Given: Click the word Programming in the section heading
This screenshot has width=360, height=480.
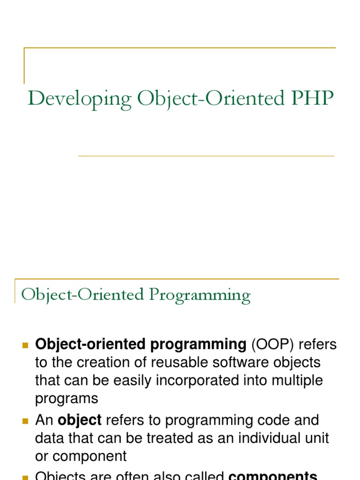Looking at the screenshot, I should click(x=200, y=295).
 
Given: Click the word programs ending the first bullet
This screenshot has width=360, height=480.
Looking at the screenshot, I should click(x=67, y=398).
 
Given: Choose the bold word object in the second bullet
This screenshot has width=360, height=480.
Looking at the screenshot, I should click(x=80, y=420).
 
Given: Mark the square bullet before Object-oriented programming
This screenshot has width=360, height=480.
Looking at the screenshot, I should click(x=26, y=345).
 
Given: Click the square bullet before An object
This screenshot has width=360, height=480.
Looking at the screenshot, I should click(x=26, y=420).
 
